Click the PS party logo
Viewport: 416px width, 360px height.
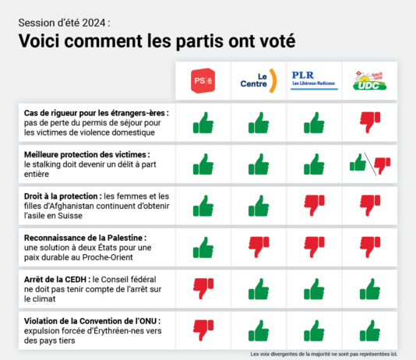(x=203, y=80)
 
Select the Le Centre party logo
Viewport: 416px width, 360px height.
(x=259, y=80)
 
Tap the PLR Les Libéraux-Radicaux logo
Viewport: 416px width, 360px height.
(x=314, y=80)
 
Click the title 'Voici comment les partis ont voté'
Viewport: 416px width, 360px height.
(x=156, y=40)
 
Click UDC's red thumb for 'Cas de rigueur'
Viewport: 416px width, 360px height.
(x=370, y=122)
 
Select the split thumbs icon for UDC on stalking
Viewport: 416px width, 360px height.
(x=370, y=164)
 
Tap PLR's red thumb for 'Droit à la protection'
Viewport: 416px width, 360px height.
(x=314, y=206)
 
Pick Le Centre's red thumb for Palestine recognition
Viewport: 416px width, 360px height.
(x=259, y=248)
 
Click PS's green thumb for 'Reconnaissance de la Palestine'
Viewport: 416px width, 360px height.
(x=203, y=248)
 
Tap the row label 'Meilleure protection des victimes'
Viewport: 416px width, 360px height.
(x=86, y=154)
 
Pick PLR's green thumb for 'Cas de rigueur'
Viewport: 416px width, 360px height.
(x=314, y=122)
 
